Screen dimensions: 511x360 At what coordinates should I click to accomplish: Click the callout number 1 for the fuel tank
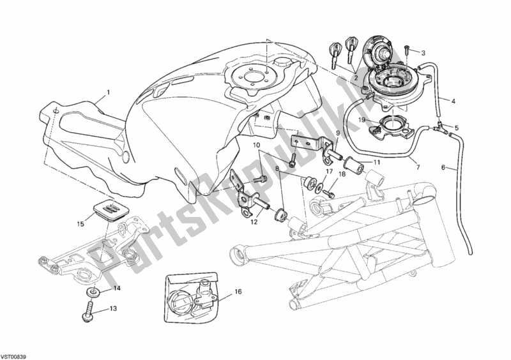pyautogui.click(x=108, y=93)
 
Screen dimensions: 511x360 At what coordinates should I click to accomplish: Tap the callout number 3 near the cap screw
pyautogui.click(x=423, y=52)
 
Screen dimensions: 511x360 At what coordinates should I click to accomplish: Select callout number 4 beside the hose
pyautogui.click(x=453, y=101)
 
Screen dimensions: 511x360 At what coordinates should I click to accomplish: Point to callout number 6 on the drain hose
pyautogui.click(x=443, y=167)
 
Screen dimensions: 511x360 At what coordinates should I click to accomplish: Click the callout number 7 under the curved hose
pyautogui.click(x=418, y=167)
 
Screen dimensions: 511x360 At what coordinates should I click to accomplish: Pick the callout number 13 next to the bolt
pyautogui.click(x=113, y=308)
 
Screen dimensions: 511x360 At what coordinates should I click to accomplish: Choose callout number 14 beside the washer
pyautogui.click(x=117, y=288)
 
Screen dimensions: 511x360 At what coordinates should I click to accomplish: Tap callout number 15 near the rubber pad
pyautogui.click(x=80, y=224)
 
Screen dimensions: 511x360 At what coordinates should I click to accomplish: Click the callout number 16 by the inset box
pyautogui.click(x=238, y=292)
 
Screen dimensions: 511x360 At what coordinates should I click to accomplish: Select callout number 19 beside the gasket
pyautogui.click(x=362, y=120)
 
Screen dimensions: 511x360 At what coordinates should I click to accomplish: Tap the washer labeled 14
pyautogui.click(x=93, y=292)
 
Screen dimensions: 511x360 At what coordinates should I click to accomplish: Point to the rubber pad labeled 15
pyautogui.click(x=105, y=207)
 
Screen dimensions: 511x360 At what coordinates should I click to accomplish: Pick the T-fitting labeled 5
pyautogui.click(x=439, y=126)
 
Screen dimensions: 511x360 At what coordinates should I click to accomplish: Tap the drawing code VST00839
pyautogui.click(x=13, y=356)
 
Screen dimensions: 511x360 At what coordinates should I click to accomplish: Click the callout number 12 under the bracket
pyautogui.click(x=254, y=222)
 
